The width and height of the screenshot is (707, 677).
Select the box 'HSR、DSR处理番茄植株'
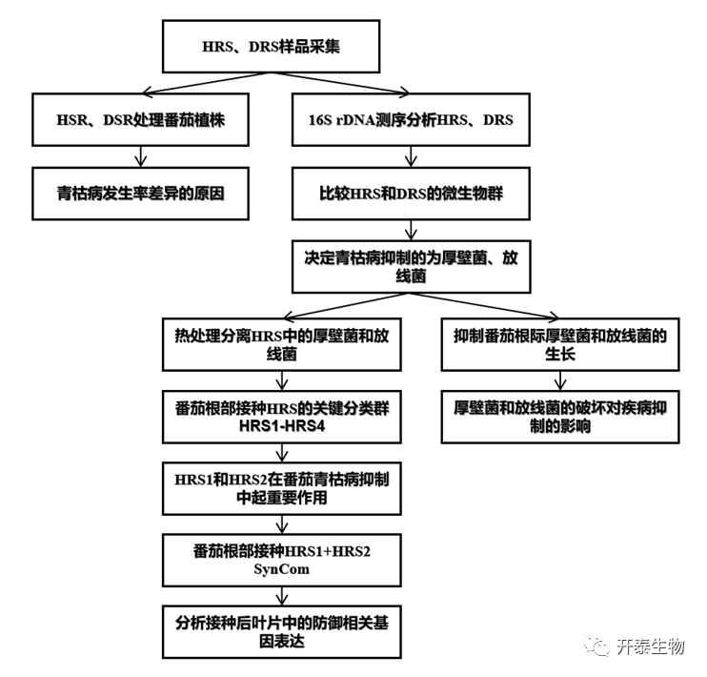(141, 119)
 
